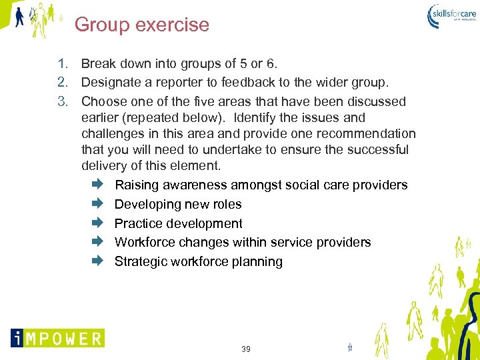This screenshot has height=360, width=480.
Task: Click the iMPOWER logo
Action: pyautogui.click(x=57, y=338)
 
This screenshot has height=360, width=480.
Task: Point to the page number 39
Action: pyautogui.click(x=246, y=349)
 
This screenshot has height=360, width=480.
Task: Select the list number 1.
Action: pyautogui.click(x=63, y=64)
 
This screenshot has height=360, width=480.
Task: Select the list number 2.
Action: pyautogui.click(x=63, y=83)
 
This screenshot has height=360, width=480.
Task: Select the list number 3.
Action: pyautogui.click(x=63, y=101)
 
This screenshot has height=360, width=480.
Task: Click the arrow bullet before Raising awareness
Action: pyautogui.click(x=95, y=185)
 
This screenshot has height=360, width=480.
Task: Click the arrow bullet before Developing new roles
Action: pyautogui.click(x=95, y=204)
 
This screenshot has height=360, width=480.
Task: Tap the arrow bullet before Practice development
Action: pyautogui.click(x=95, y=223)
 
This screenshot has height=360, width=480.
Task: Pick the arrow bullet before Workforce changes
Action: pyautogui.click(x=95, y=242)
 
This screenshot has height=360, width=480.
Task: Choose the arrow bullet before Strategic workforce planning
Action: pyautogui.click(x=95, y=261)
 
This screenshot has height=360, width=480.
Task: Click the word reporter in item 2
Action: pyautogui.click(x=177, y=83)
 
